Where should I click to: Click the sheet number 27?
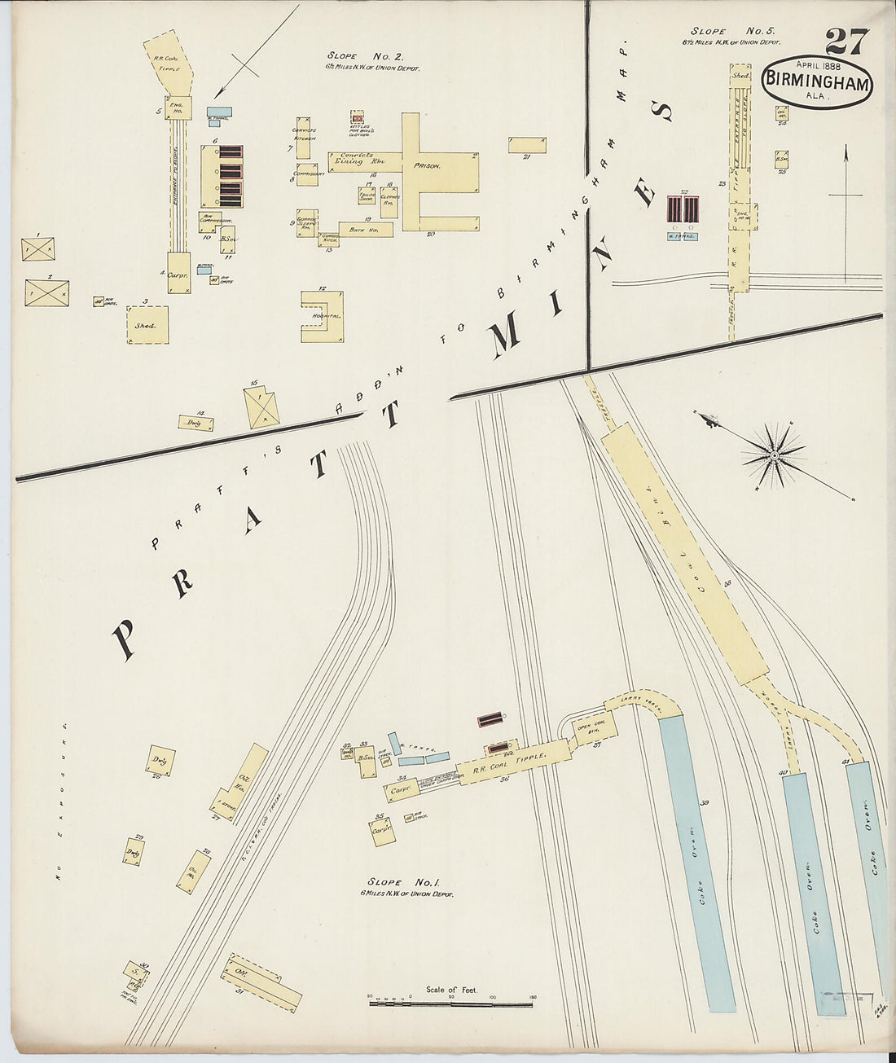[x=846, y=41]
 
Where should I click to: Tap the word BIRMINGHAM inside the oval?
[x=817, y=81]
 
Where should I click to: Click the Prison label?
[x=427, y=165]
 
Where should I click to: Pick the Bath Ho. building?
[x=366, y=230]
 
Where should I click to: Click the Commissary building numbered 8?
[x=307, y=174]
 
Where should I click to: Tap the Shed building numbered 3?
[x=147, y=324]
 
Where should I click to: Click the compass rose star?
[x=773, y=457]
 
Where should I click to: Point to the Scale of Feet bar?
[x=450, y=1004]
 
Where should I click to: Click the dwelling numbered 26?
[x=161, y=760]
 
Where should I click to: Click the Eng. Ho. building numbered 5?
[x=178, y=108]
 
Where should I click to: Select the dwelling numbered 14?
[x=196, y=423]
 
